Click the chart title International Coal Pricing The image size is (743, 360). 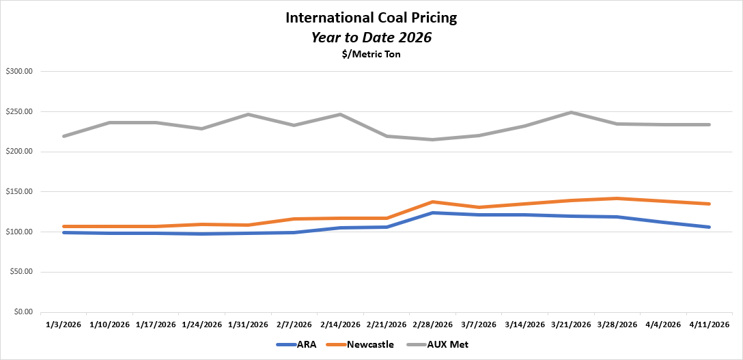[x=371, y=18]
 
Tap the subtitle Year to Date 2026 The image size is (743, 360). [x=371, y=38]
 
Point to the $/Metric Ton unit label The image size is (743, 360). [x=371, y=55]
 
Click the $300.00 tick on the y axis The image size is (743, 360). [x=23, y=71]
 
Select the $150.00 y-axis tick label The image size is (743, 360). [x=23, y=192]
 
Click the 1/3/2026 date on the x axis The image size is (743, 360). [x=64, y=324]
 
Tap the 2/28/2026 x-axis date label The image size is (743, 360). [x=432, y=324]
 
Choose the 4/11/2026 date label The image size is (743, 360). [x=709, y=324]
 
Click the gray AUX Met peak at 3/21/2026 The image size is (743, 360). [x=570, y=112]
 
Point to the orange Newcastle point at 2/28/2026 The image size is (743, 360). [x=432, y=202]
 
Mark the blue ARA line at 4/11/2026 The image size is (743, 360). [x=709, y=227]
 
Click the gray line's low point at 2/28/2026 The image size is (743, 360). [x=432, y=139]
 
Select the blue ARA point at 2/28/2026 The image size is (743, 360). [x=432, y=212]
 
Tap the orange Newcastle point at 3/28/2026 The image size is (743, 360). [x=617, y=198]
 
